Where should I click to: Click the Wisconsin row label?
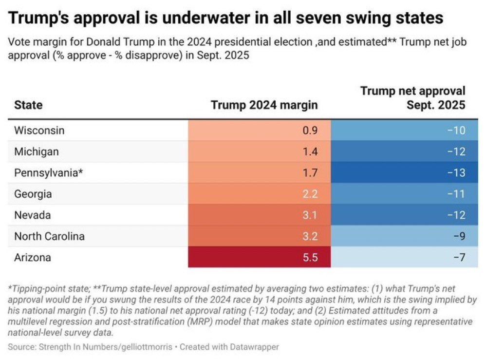pos(39,131)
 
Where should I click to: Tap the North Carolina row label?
pos(49,236)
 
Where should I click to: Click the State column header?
pos(28,105)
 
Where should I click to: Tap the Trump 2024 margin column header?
pos(264,105)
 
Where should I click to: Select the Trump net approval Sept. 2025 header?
pos(413,97)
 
